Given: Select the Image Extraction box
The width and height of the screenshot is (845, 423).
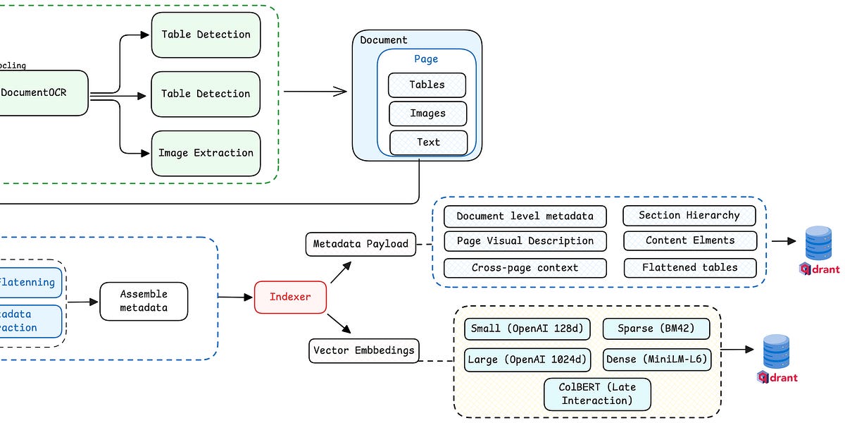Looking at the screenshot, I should pyautogui.click(x=206, y=153).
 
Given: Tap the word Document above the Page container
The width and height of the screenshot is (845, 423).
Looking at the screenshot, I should pyautogui.click(x=384, y=40).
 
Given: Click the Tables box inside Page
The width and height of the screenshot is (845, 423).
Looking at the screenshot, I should pyautogui.click(x=427, y=85).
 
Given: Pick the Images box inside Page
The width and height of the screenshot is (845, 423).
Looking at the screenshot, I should pyautogui.click(x=427, y=114).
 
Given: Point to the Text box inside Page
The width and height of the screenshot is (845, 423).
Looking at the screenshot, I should pyautogui.click(x=428, y=142).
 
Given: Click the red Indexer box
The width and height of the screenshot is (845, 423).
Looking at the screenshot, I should pyautogui.click(x=290, y=297).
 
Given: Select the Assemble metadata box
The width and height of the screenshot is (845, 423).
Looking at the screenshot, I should pyautogui.click(x=144, y=301).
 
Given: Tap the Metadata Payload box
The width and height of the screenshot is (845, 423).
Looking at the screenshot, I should pyautogui.click(x=361, y=244).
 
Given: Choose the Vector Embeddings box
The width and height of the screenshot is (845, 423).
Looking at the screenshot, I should pyautogui.click(x=363, y=350).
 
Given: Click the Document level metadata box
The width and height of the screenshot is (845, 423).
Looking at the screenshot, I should pyautogui.click(x=525, y=216).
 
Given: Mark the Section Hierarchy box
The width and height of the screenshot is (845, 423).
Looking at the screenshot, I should pyautogui.click(x=689, y=216).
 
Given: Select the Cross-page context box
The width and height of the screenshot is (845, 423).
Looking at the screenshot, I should pyautogui.click(x=525, y=268).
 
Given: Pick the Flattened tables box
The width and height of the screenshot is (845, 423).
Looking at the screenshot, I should pyautogui.click(x=689, y=268).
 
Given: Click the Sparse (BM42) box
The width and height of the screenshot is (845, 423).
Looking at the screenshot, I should pyautogui.click(x=656, y=329).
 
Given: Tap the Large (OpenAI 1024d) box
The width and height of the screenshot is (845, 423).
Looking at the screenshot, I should pyautogui.click(x=527, y=360).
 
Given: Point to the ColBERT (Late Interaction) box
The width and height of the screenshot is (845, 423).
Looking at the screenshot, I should pyautogui.click(x=597, y=394).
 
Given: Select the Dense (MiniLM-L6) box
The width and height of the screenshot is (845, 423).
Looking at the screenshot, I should pyautogui.click(x=656, y=360).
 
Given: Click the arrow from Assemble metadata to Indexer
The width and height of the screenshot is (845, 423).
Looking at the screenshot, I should pyautogui.click(x=235, y=298).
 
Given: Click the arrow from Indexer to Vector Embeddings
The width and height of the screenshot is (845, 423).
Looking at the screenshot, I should pyautogui.click(x=339, y=324).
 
